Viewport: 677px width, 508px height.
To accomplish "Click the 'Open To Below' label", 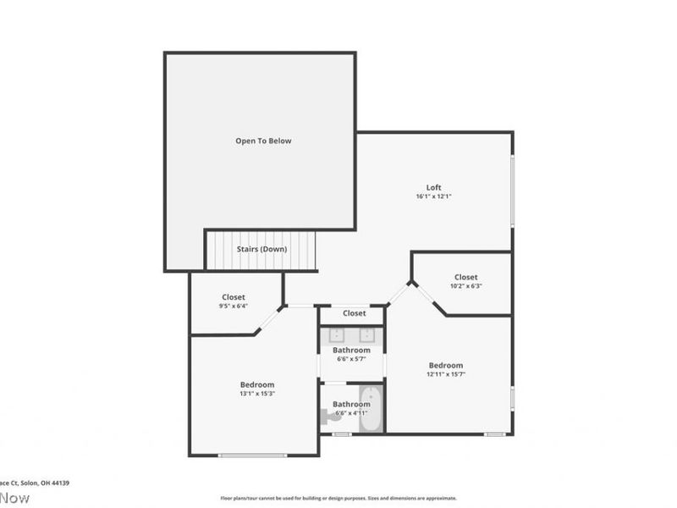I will tap(263, 141).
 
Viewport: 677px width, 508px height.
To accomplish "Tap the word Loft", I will tap(433, 187).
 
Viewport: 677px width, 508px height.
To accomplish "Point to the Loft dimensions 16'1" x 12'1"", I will tap(433, 196).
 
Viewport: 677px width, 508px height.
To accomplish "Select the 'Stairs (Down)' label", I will tap(261, 249).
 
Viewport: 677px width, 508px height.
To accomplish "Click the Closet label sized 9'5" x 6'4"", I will tap(234, 297).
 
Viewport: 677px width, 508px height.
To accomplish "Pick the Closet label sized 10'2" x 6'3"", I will tap(465, 277).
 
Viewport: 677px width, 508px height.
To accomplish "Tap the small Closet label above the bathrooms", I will tap(354, 313).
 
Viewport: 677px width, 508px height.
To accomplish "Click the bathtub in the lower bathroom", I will tap(371, 409).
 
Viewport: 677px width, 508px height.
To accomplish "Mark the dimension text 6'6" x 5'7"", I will tap(351, 359).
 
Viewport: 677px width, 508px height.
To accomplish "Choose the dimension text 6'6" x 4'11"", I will tap(351, 413).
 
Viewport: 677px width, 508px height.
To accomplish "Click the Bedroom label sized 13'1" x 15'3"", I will tap(257, 384).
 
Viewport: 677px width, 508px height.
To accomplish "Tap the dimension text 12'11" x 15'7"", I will tap(445, 374).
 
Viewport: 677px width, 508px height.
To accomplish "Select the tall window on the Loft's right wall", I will tap(512, 190).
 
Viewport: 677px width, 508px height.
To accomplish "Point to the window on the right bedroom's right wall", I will tap(512, 398).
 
